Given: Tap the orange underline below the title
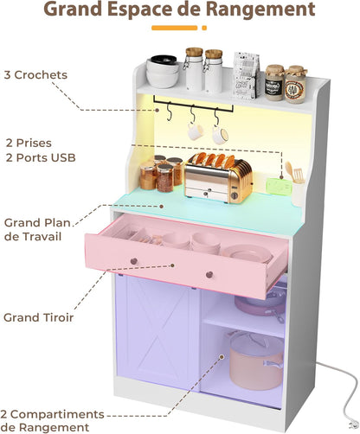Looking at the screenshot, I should coord(179,29).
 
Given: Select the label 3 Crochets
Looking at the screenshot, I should coord(35,75).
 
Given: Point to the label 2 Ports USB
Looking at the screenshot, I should coord(41,156).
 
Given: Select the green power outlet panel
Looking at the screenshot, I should coord(277,183).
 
